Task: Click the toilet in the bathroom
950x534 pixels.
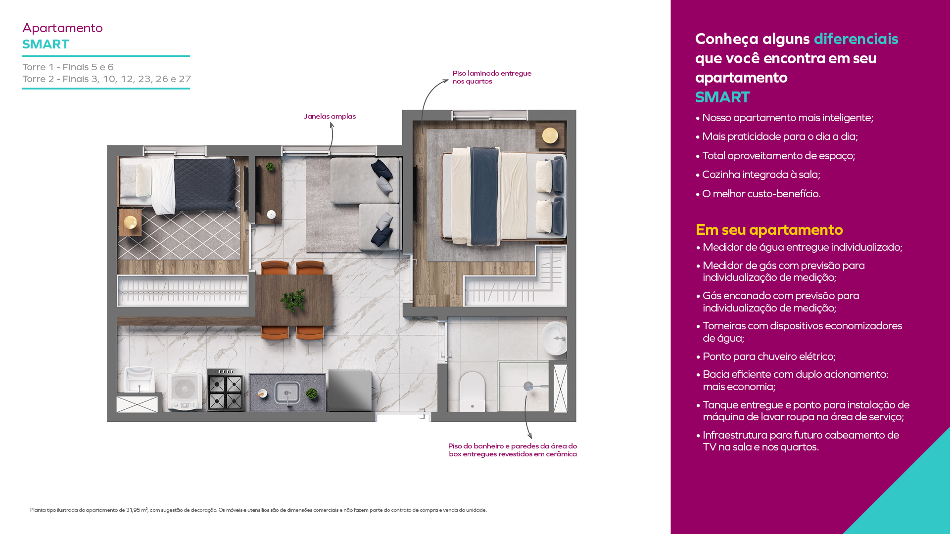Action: point(472,392)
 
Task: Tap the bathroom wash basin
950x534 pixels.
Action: point(555,338)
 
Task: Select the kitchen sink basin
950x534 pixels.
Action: point(287,393)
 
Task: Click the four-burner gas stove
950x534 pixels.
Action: point(226,391)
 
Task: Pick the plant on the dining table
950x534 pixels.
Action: point(293,300)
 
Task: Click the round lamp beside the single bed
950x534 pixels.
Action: point(131,222)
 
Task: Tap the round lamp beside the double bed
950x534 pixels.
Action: point(550,135)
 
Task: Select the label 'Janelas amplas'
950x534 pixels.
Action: point(330,116)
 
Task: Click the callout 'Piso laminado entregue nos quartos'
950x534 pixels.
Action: point(492,77)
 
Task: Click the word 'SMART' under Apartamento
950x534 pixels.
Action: point(46,44)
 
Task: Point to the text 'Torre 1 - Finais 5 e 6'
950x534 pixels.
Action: point(68,67)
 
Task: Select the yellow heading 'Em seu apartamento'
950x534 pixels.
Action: point(769,230)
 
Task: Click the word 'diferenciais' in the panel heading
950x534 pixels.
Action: point(856,39)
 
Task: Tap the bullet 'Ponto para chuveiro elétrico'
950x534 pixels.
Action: point(769,356)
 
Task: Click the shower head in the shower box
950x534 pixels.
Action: point(528,386)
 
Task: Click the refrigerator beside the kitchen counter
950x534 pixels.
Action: point(349,391)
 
